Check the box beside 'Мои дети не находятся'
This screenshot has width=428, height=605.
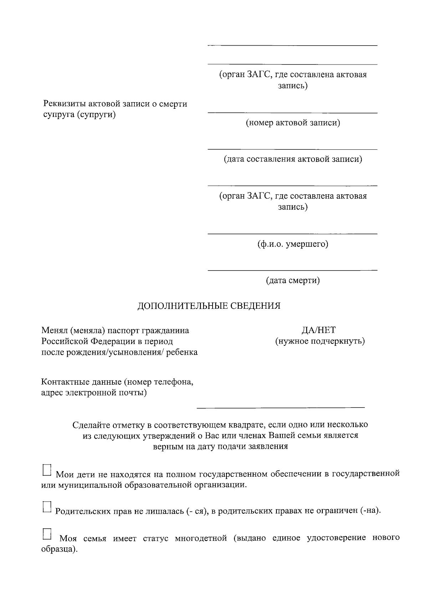click(47, 470)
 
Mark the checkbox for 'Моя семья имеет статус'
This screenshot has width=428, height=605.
click(47, 534)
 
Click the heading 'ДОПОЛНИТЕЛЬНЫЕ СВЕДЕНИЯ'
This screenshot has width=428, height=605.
click(209, 306)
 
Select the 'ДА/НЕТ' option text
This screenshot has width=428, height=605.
click(319, 330)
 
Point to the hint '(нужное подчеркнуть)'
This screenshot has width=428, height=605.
click(320, 341)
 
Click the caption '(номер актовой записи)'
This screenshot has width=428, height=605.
click(292, 123)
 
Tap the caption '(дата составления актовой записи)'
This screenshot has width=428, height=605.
click(292, 159)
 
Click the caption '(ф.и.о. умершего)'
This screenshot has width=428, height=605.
click(292, 244)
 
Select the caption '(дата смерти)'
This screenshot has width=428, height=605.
click(292, 281)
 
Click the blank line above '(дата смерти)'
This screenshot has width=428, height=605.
click(292, 270)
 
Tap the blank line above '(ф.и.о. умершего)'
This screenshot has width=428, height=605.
click(292, 234)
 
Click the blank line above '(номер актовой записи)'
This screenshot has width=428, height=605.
click(292, 113)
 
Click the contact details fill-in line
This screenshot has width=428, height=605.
click(281, 407)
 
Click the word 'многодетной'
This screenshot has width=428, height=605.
click(201, 538)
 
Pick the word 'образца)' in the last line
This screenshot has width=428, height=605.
click(59, 549)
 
